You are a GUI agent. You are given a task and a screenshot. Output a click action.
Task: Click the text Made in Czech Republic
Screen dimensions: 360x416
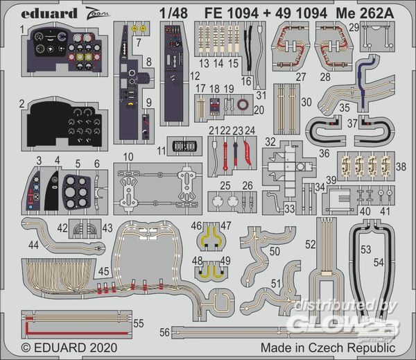327,346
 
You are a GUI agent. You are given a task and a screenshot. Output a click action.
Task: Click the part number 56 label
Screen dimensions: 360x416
164,331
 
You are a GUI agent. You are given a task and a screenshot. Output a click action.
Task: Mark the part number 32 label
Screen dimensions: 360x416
268,141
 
